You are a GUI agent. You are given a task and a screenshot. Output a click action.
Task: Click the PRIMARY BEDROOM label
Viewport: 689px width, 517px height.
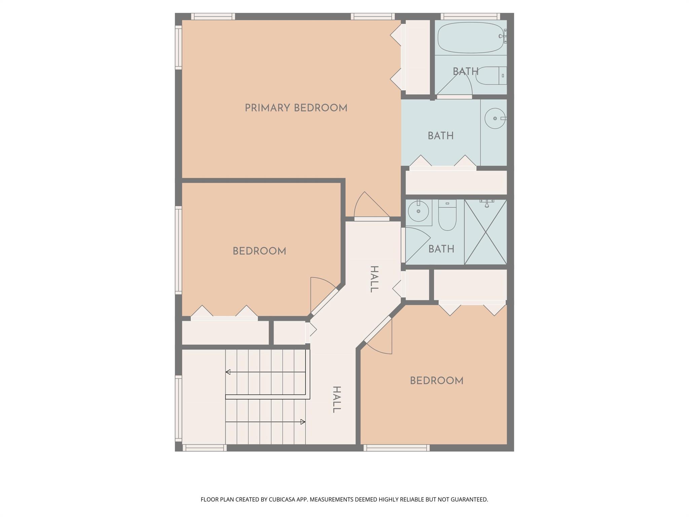(x=296, y=108)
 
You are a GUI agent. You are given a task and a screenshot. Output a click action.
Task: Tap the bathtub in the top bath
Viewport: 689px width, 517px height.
(x=470, y=38)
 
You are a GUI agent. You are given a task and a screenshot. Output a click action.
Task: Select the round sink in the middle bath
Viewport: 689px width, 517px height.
(x=495, y=118)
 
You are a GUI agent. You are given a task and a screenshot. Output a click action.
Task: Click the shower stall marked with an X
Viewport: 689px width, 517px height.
(x=485, y=232)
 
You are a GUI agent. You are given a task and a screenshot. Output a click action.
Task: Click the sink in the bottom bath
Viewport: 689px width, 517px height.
(x=418, y=211)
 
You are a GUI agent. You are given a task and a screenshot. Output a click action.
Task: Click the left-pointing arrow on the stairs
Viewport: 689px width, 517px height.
(x=228, y=372)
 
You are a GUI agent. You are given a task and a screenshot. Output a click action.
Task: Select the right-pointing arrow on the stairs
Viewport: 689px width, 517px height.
(x=302, y=422)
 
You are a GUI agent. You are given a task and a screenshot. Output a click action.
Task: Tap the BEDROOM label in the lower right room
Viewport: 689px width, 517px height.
(x=436, y=381)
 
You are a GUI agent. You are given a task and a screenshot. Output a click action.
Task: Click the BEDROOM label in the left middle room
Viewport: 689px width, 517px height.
(x=259, y=251)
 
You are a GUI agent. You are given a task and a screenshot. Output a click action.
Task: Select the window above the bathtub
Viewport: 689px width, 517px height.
(x=470, y=16)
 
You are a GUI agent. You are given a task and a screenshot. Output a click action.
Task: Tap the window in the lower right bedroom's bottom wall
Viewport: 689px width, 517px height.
(x=396, y=448)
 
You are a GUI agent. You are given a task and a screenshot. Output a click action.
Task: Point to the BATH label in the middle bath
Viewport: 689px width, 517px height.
(x=440, y=136)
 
